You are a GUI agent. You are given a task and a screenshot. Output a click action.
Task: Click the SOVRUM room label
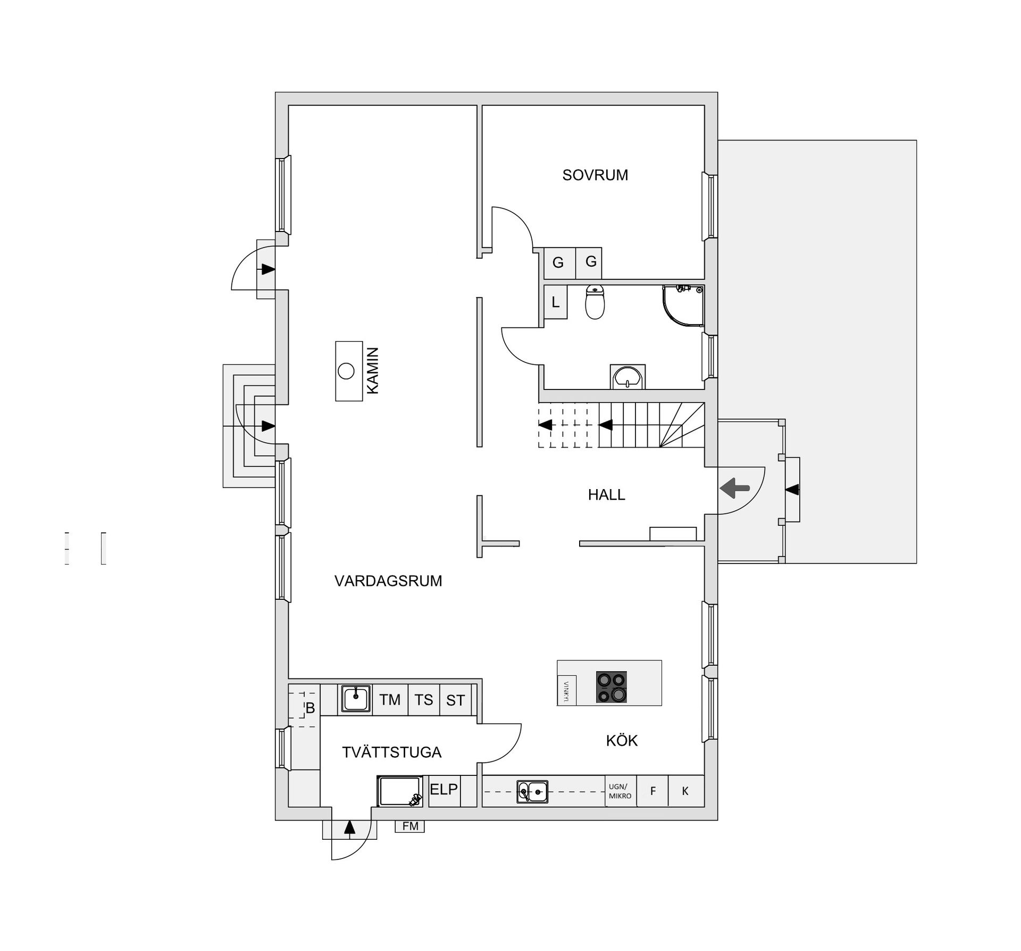[595, 175]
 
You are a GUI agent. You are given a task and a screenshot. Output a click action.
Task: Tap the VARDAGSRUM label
[388, 581]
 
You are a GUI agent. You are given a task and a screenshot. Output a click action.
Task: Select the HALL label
[606, 495]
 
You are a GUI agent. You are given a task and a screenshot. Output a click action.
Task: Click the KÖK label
[622, 740]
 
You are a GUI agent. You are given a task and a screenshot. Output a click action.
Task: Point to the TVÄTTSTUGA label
[391, 752]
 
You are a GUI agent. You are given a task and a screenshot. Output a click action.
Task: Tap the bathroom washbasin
[627, 377]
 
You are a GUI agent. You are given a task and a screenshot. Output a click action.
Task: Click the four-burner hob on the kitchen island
[612, 687]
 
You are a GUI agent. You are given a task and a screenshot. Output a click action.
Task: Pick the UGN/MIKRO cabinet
[620, 791]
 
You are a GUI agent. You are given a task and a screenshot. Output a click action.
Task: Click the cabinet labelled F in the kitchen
[652, 791]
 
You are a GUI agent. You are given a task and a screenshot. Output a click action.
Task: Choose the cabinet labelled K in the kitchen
[685, 791]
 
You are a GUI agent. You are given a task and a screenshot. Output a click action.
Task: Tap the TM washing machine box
[390, 700]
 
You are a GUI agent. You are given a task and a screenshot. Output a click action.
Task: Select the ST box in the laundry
[455, 700]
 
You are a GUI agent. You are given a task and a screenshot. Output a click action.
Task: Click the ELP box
[443, 789]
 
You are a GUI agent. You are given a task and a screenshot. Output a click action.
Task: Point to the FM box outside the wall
[410, 826]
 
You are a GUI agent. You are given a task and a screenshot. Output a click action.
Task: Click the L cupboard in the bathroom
[556, 302]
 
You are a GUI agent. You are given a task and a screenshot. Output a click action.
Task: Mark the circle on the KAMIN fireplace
[346, 371]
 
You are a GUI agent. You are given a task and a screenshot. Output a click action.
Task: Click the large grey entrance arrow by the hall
[734, 487]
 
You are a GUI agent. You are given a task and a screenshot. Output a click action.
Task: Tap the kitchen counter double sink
[532, 792]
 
